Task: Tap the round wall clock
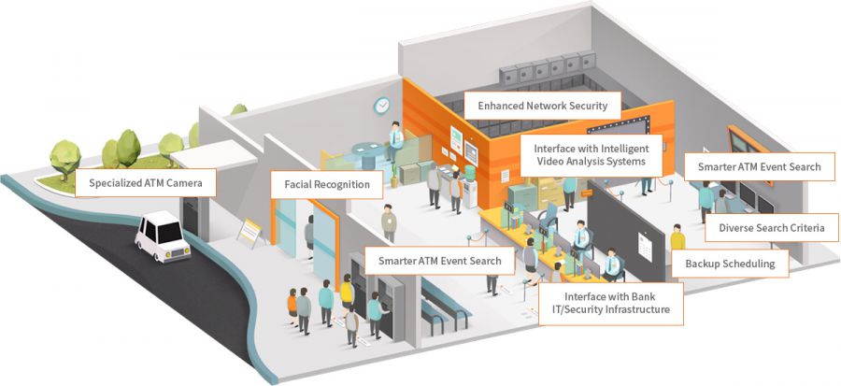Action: click(x=382, y=106)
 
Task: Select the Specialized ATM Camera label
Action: click(x=146, y=183)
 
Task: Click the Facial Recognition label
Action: click(x=327, y=185)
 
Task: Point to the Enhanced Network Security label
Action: click(x=542, y=106)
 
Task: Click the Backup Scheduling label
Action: click(x=730, y=264)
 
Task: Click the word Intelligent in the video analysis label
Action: click(x=622, y=149)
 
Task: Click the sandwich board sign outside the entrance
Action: click(x=249, y=233)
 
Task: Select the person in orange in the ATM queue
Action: click(x=292, y=307)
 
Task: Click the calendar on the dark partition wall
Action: click(x=644, y=247)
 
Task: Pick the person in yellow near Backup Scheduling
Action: click(x=677, y=237)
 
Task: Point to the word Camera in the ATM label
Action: click(x=184, y=183)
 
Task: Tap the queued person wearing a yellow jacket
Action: click(x=347, y=293)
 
